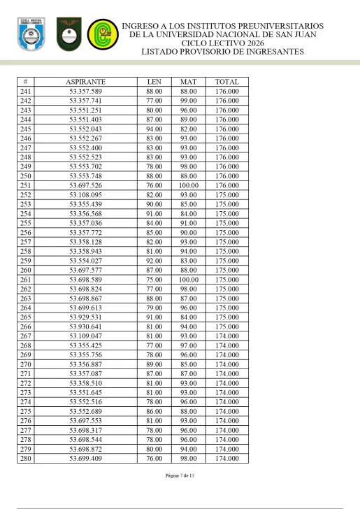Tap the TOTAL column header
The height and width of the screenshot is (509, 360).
(226, 82)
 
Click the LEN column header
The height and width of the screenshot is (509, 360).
(154, 82)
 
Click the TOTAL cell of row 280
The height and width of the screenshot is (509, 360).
(226, 458)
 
